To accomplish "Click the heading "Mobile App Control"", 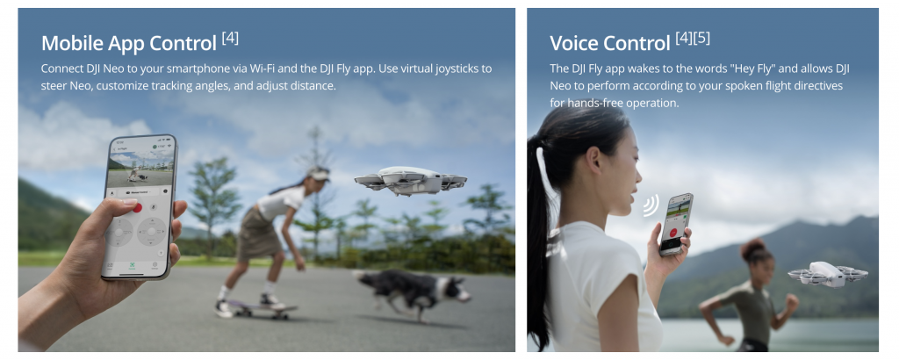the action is [129, 44].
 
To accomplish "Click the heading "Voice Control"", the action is [610, 44].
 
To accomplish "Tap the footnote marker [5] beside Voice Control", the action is [701, 39].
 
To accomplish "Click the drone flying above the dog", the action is [411, 181].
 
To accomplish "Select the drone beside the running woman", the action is [827, 274].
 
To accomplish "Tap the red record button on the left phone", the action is [136, 206].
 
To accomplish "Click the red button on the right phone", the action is [673, 234].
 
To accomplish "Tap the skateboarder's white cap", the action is [318, 173].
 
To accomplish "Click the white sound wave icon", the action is [651, 205].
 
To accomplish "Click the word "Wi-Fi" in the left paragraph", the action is [263, 68].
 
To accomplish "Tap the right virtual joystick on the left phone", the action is [151, 231].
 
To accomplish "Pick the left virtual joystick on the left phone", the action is [119, 233].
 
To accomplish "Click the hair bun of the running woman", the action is [752, 248].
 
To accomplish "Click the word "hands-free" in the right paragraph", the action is [593, 104].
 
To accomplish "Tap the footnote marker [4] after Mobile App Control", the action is [230, 39].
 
